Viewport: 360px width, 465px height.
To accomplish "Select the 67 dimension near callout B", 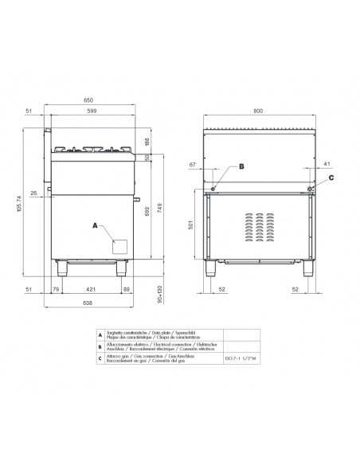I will click(x=191, y=165).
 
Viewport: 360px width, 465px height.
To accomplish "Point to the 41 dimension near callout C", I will click(x=327, y=165).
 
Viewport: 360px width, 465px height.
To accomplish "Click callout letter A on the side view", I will click(x=96, y=227).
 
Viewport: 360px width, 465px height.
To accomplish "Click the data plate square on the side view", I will click(x=119, y=247).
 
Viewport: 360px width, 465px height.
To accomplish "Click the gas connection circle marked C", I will click(x=311, y=188).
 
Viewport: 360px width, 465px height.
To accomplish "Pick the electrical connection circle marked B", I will click(x=213, y=188).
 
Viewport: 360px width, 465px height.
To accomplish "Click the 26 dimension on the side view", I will click(x=34, y=193).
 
